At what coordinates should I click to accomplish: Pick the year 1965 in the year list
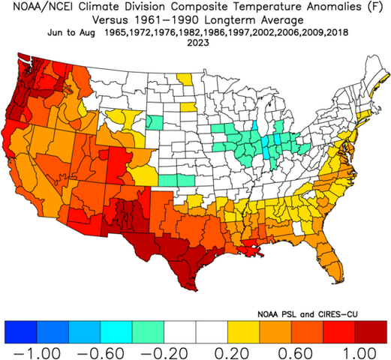point(119,33)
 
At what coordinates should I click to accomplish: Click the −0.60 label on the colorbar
point(97,351)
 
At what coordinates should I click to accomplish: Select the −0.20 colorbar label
point(161,351)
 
